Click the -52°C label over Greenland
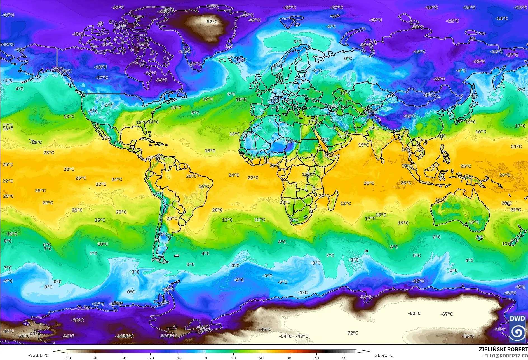coord(211,22)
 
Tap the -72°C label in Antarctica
coord(352,333)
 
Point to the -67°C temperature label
coord(447,314)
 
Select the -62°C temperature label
coord(414,313)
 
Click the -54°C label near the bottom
coord(285,336)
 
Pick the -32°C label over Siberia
coord(479,61)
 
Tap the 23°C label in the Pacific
coord(49,153)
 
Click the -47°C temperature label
coord(35,334)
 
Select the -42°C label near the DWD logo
coord(468,336)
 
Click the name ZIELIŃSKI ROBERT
coord(503,349)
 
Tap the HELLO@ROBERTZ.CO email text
coord(504,356)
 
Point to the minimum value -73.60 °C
coord(38,355)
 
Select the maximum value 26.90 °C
coord(384,355)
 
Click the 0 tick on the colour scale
coord(206,358)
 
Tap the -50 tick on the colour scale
coord(67,358)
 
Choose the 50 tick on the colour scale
coord(344,358)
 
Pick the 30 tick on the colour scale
coord(289,358)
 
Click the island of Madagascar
coord(333,199)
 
